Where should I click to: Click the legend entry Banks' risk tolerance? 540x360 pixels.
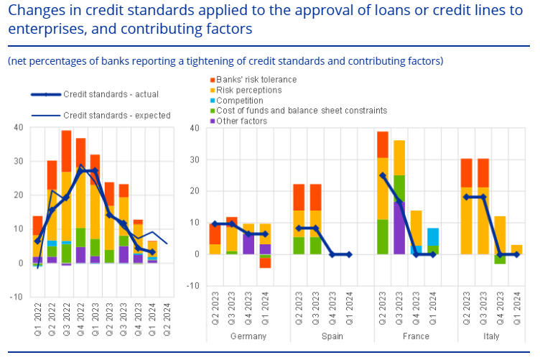point(256,80)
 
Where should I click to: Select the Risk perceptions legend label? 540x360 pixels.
point(248,91)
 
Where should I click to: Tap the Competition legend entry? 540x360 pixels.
point(239,101)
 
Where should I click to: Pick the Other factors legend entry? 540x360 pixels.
point(241,121)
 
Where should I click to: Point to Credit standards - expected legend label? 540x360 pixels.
point(117,116)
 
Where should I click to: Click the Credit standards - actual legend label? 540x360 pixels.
point(111,94)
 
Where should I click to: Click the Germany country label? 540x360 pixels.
point(248,336)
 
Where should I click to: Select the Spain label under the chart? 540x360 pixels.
point(332,336)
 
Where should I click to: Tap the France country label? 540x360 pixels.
point(416,336)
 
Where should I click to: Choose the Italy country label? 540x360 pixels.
point(491,336)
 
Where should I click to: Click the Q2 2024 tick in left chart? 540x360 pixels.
point(167,319)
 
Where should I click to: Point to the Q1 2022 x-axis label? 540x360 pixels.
point(37,319)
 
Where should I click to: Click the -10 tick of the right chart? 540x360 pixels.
point(193,286)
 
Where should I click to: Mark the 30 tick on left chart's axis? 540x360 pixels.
point(19,161)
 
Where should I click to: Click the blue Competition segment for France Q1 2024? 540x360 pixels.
point(433,237)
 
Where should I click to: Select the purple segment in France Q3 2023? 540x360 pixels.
point(399,228)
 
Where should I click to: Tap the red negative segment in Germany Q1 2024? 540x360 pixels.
point(265,263)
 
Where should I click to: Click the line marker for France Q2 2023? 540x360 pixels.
point(383,176)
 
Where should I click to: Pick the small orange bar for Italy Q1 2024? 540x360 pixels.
point(516,250)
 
